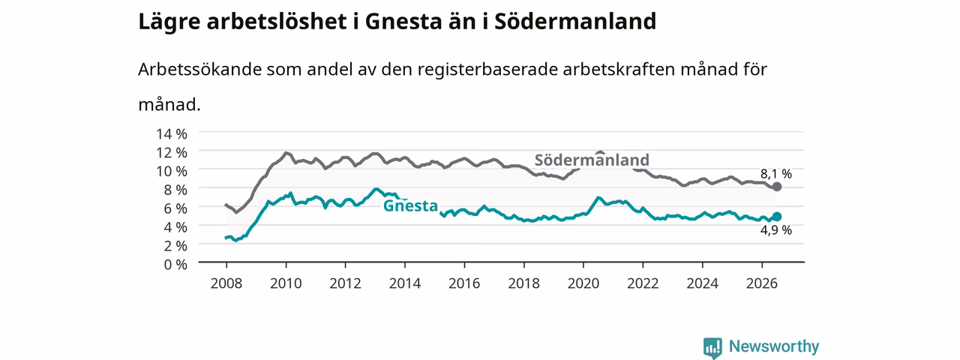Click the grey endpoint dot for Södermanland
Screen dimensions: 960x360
(x=776, y=187)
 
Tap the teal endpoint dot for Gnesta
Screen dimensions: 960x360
(x=776, y=217)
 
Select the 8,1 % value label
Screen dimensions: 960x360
(x=775, y=174)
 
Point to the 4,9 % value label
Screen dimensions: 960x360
(x=775, y=230)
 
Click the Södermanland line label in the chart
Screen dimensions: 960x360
(x=592, y=160)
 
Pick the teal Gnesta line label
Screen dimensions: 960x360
(x=410, y=205)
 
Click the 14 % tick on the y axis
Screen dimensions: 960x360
(x=172, y=133)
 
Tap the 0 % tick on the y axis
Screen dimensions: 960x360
(x=175, y=265)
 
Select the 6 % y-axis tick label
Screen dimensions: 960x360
(x=175, y=208)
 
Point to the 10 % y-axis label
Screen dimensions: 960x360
(x=172, y=171)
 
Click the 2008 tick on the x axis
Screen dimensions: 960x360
(x=226, y=283)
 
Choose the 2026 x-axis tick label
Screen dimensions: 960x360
(x=762, y=283)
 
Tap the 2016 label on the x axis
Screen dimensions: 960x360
(x=464, y=283)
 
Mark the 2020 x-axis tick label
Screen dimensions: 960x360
(x=583, y=283)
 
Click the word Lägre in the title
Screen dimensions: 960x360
(x=169, y=22)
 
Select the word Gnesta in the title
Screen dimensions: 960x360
(x=403, y=22)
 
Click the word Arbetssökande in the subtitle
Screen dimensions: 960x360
(x=199, y=69)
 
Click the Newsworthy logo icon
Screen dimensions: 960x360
(x=712, y=347)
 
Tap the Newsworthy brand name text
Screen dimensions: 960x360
(x=774, y=346)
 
